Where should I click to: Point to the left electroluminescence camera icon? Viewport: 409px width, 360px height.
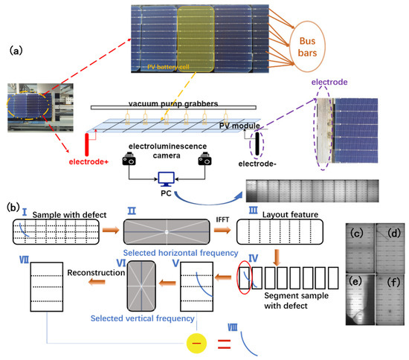pos(130,158)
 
